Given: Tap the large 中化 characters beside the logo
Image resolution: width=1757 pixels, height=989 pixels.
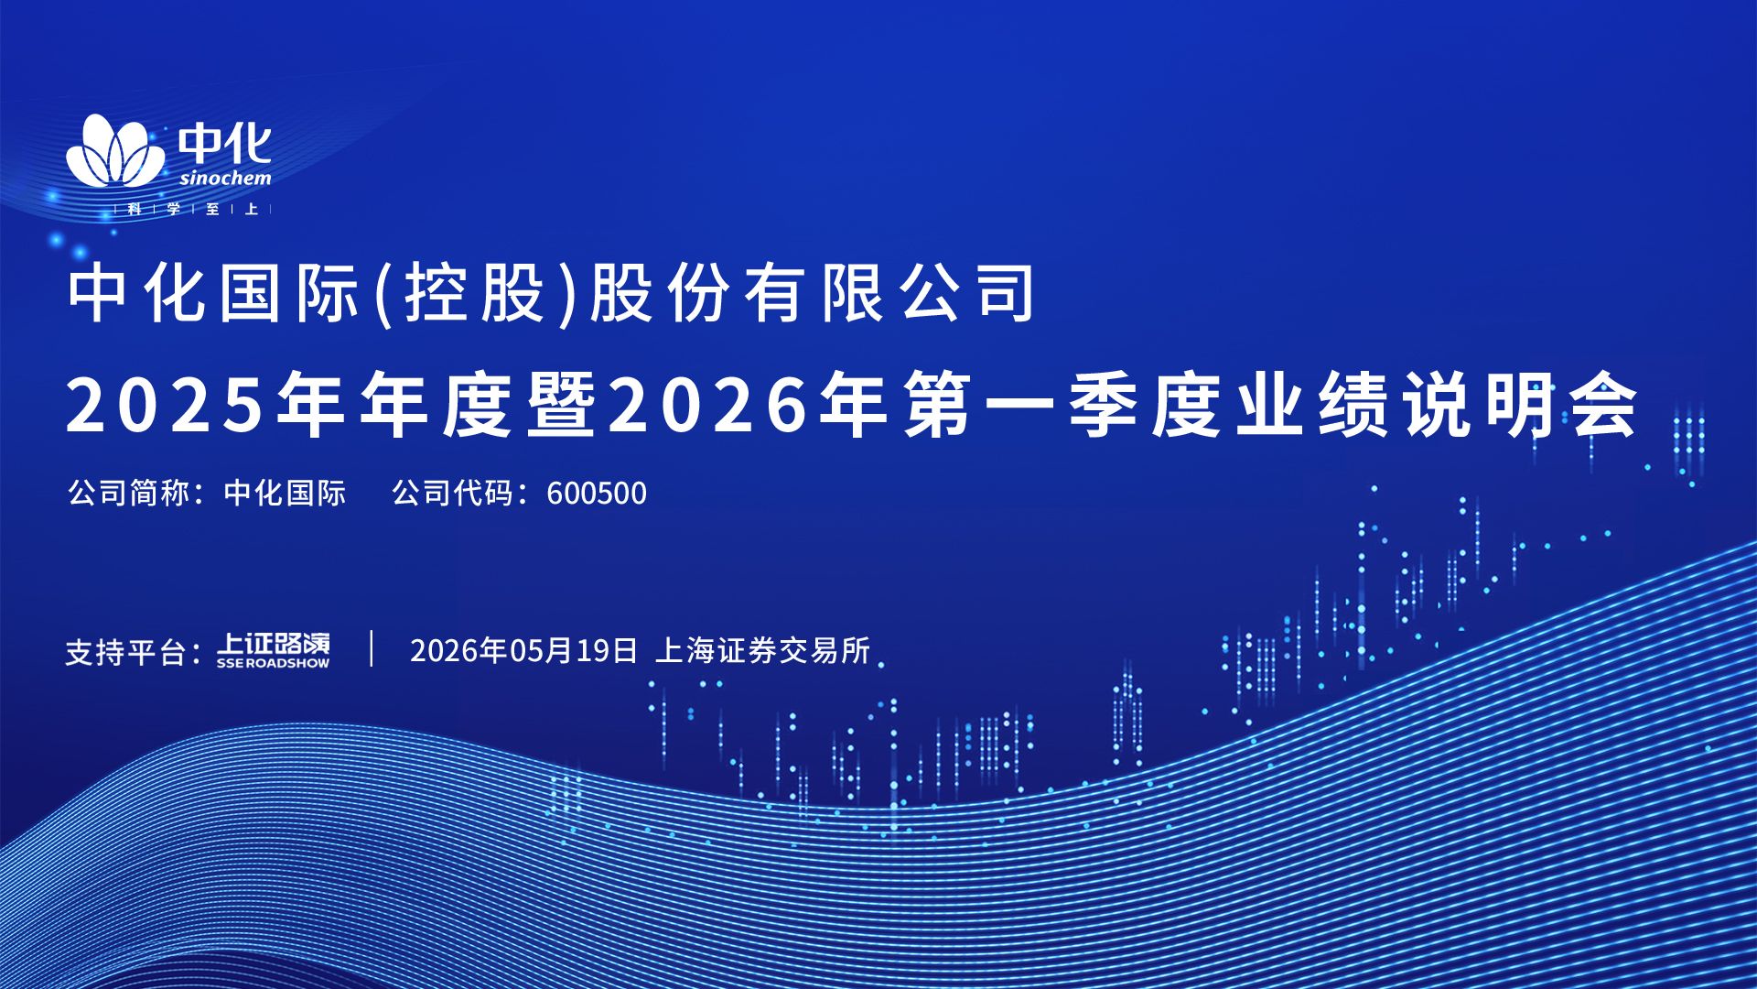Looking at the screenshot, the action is (x=225, y=144).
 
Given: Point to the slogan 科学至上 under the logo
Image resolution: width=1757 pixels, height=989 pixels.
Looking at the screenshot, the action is (x=193, y=209).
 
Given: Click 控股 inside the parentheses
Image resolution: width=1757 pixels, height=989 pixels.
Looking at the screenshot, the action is (x=476, y=293).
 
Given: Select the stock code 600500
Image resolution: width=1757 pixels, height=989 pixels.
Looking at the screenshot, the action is (x=597, y=494).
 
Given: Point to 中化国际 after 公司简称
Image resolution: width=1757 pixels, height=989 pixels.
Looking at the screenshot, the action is (x=285, y=493).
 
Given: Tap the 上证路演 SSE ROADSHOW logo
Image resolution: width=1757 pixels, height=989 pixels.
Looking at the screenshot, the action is (x=273, y=650).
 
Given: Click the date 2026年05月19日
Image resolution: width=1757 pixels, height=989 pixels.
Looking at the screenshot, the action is (x=523, y=650).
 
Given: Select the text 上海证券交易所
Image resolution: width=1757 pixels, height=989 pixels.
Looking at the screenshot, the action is (x=763, y=650).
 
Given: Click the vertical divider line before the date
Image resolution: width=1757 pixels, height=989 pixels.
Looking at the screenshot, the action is (x=372, y=647).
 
